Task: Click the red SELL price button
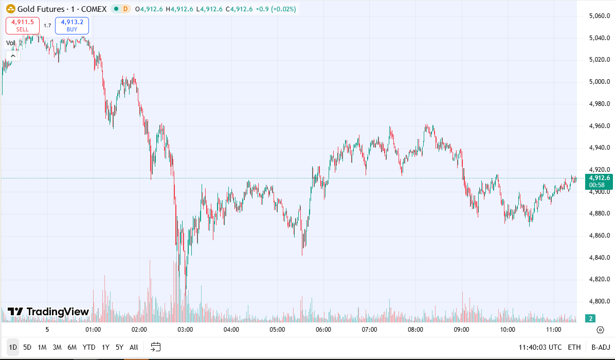[x=23, y=25]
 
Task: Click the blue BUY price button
[x=72, y=25]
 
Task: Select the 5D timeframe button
[x=27, y=347]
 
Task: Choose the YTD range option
[x=89, y=347]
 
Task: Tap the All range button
[x=134, y=347]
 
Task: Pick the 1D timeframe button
[x=13, y=347]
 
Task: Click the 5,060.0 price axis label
[x=599, y=16]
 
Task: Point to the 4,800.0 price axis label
[x=599, y=301]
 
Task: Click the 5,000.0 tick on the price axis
[x=599, y=82]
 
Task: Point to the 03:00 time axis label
[x=185, y=330]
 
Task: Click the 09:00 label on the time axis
[x=461, y=330]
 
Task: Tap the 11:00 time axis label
[x=553, y=330]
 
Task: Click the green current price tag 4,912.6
[x=599, y=178]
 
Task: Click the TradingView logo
[x=49, y=312]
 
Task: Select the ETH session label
[x=574, y=347]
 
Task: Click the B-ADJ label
[x=600, y=347]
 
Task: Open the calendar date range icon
[x=156, y=347]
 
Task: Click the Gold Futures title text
[x=41, y=9]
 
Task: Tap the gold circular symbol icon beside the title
[x=10, y=9]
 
